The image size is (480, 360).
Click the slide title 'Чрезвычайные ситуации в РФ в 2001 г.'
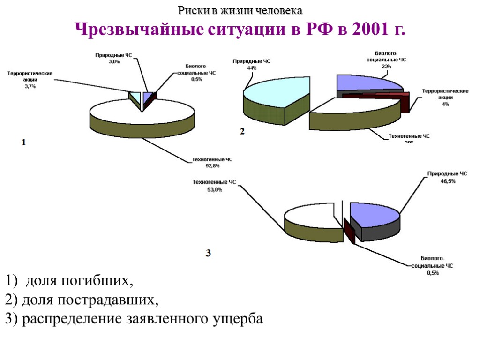(240, 30)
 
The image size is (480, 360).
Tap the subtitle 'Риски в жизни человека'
(240, 10)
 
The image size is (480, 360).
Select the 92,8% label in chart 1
(212, 163)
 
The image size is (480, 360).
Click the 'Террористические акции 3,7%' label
(30, 80)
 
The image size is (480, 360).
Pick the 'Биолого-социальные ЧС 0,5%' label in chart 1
(196, 73)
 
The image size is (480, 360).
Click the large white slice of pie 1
(141, 112)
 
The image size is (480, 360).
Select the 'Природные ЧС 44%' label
(252, 65)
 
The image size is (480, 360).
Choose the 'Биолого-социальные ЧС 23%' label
(386, 60)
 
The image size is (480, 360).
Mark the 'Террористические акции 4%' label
(445, 97)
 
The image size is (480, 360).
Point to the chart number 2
(242, 132)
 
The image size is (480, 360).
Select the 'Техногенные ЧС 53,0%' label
(214, 186)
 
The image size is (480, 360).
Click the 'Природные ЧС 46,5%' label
(447, 178)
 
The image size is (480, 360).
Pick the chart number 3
(209, 253)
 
